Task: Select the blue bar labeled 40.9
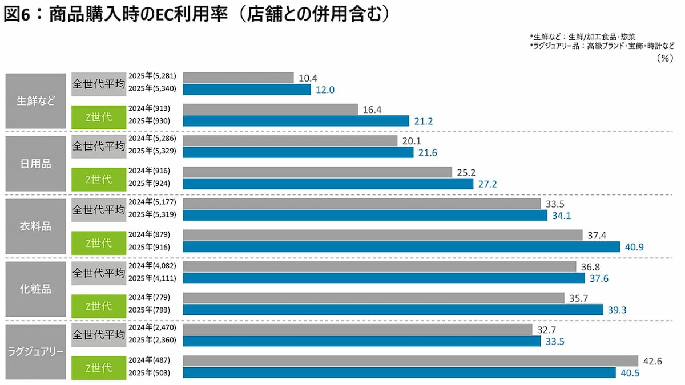[401, 246]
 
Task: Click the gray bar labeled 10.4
[238, 77]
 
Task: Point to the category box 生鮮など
[36, 101]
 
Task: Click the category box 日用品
[36, 164]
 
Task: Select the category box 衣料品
[36, 226]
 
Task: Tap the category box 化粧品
[36, 289]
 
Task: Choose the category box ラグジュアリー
[36, 352]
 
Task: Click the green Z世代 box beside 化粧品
[98, 306]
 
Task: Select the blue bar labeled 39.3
[393, 309]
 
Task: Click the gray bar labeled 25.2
[317, 172]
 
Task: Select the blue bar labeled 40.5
[400, 372]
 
